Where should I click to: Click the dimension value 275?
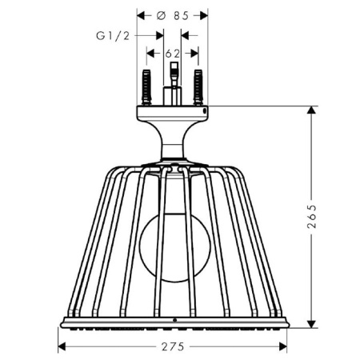coord(173,346)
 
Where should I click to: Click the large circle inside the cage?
coord(172,250)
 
